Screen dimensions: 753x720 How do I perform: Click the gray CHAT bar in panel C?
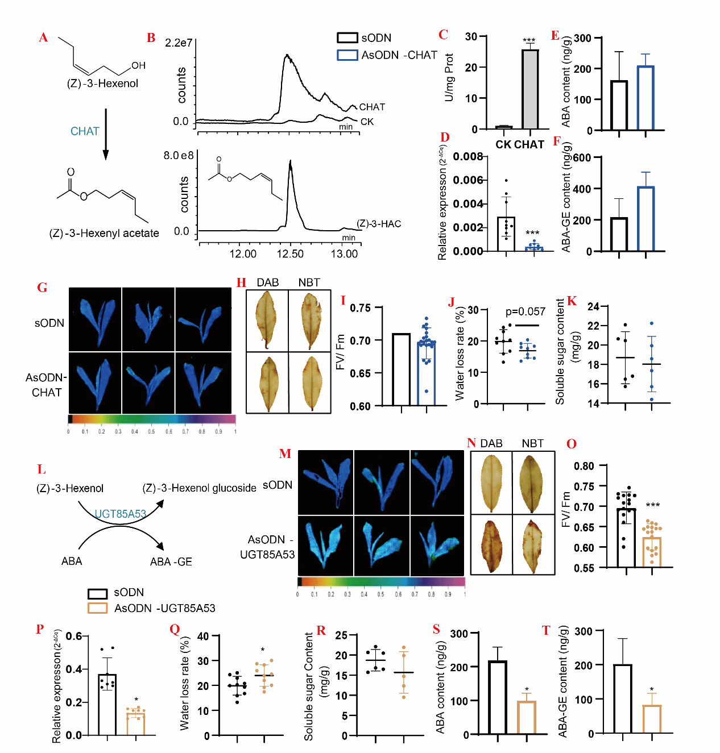coord(530,89)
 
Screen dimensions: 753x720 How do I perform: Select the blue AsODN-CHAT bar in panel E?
coord(645,98)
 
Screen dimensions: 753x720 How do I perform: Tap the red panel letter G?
coord(42,288)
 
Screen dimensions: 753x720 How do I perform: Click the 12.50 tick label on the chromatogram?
coord(290,254)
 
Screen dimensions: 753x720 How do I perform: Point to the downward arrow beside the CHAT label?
coord(105,135)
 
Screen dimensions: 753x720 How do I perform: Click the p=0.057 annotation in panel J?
coord(525,311)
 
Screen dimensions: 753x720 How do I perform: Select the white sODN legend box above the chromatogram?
coord(347,38)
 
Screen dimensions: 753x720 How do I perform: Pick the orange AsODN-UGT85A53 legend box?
coord(98,608)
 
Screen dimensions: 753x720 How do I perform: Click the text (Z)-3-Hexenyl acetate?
coord(104,233)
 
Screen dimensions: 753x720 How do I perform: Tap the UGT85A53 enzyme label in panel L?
coord(120,514)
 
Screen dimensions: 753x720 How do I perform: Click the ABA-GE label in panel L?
coord(171,561)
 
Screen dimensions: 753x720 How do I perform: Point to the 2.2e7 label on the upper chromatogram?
coord(178,43)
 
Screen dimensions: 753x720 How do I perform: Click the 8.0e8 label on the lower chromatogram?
coord(179,155)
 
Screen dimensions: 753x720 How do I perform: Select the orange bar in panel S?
coord(527,717)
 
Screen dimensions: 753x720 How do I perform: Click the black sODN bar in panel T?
coord(623,698)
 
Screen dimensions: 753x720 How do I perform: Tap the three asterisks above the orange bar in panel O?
coord(652,505)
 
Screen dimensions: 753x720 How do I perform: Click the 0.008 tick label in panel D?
coord(468,157)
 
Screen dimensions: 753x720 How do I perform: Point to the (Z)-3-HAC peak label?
coord(379,224)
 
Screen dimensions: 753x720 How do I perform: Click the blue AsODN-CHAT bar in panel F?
coord(645,219)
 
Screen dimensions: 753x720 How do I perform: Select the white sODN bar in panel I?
coord(401,369)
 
